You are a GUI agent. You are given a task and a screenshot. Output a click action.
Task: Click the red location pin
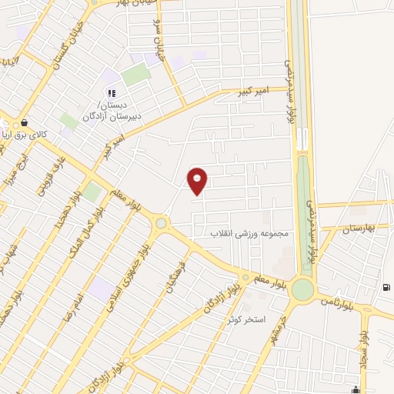tap(198, 180)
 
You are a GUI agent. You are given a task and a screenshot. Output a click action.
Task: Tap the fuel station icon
tap(385, 288)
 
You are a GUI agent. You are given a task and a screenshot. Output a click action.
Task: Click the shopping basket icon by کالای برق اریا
tap(25, 122)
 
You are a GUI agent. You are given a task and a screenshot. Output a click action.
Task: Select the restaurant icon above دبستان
tap(112, 94)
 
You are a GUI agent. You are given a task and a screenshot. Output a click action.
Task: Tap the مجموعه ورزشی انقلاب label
tap(249, 233)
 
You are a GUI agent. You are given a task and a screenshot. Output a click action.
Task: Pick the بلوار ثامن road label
tap(341, 299)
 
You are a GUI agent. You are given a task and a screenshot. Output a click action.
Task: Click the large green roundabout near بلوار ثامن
tap(302, 289)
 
